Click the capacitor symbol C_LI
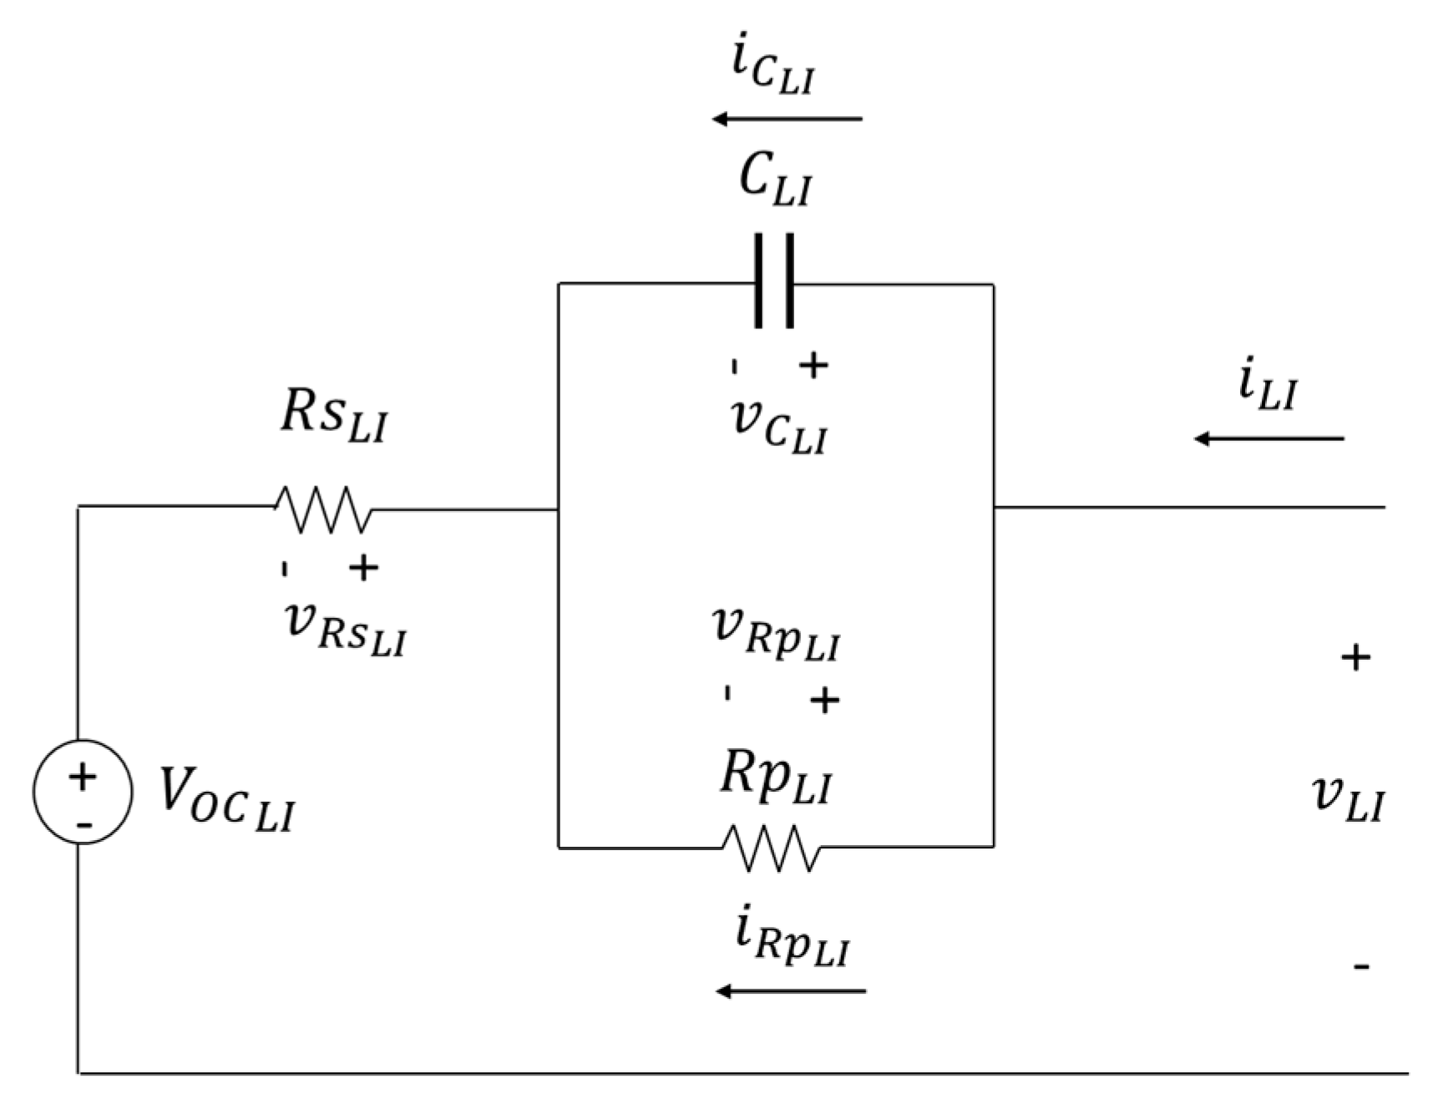click(774, 282)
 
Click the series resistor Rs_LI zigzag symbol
click(323, 509)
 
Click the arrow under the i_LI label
click(1268, 438)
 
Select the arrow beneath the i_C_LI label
click(786, 119)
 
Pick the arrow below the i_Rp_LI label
click(791, 991)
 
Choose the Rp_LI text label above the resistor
click(776, 780)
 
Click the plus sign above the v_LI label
click(1355, 658)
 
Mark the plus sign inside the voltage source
click(82, 777)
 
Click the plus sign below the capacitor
click(813, 365)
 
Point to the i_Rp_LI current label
click(792, 942)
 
